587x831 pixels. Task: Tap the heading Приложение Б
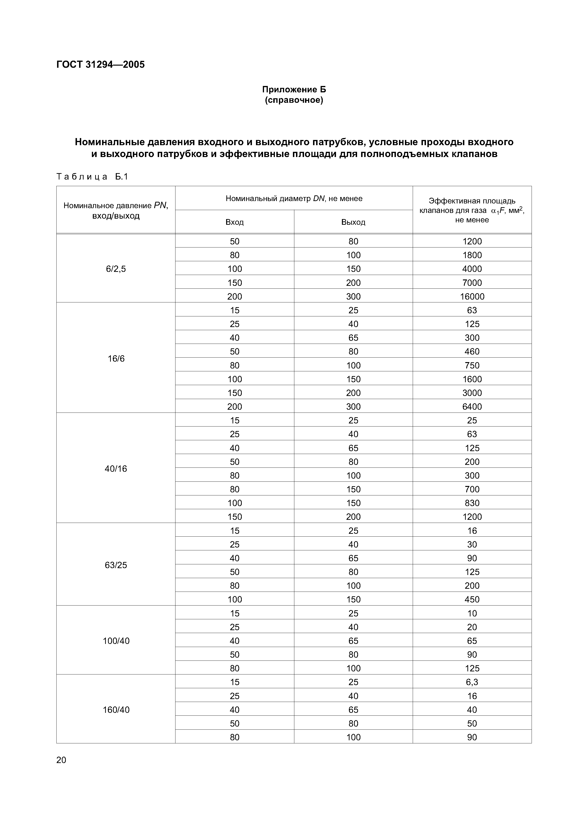[294, 89]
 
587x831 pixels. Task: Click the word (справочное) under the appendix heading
[294, 100]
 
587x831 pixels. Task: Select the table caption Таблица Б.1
[92, 177]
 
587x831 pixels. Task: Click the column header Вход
[234, 222]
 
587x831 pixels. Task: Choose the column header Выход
[353, 222]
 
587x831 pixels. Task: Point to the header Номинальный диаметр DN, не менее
[294, 198]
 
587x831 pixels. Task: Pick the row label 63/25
[116, 565]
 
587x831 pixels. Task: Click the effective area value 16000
[472, 296]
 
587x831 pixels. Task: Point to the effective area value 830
[472, 503]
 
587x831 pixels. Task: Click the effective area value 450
[472, 599]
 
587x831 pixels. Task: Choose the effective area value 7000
[472, 283]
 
